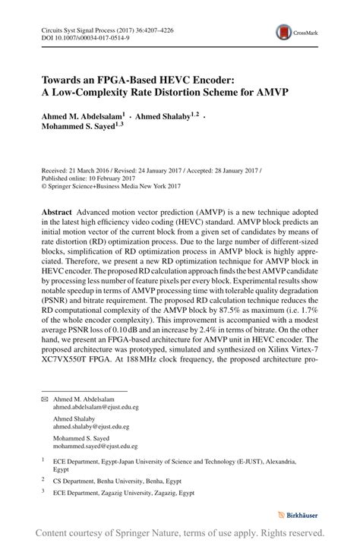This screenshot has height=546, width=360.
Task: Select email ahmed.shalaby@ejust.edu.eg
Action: (x=92, y=427)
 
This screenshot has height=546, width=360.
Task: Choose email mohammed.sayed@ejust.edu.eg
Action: (x=96, y=447)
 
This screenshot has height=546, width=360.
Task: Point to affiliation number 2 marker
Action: (x=43, y=480)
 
